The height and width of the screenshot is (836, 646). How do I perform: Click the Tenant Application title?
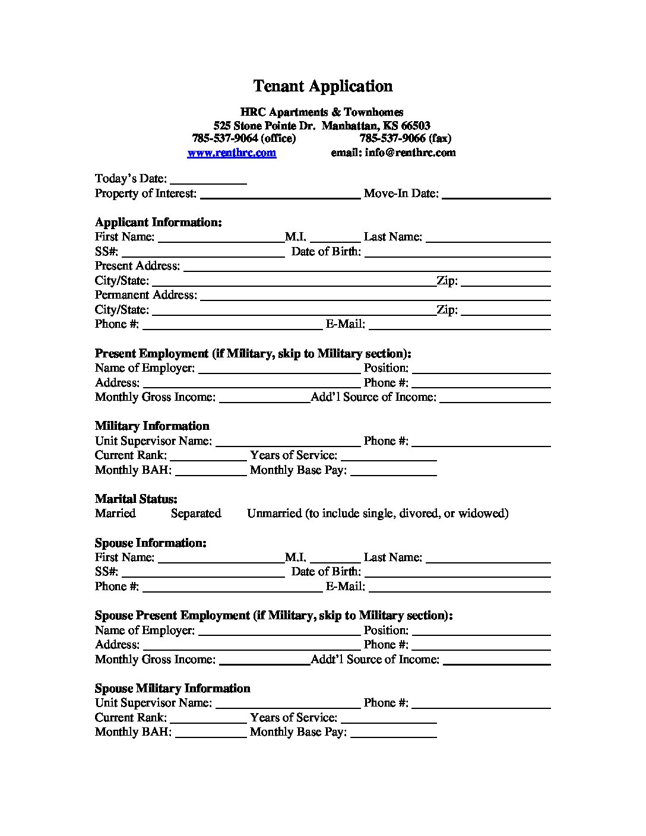(322, 86)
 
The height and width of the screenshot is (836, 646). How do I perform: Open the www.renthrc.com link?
(232, 153)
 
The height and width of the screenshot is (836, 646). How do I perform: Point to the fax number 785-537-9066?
(392, 138)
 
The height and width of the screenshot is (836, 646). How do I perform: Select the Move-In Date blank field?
(496, 195)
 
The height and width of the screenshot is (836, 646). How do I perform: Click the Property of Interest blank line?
(280, 195)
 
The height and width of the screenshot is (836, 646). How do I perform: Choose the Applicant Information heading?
(159, 223)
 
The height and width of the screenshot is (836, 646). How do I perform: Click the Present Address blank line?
(366, 268)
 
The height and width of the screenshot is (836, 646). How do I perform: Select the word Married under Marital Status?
(115, 514)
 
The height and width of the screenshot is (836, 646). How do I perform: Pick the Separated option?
(196, 514)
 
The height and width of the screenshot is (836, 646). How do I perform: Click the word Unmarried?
(274, 514)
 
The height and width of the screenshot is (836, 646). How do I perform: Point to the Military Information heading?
(152, 426)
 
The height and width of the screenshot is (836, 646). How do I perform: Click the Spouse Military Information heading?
(172, 689)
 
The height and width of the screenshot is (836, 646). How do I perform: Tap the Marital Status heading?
(136, 499)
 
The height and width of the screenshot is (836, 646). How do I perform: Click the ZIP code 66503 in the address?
(416, 126)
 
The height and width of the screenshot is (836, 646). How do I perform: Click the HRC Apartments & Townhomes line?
(322, 112)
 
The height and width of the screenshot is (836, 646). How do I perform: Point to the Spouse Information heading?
(151, 543)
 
